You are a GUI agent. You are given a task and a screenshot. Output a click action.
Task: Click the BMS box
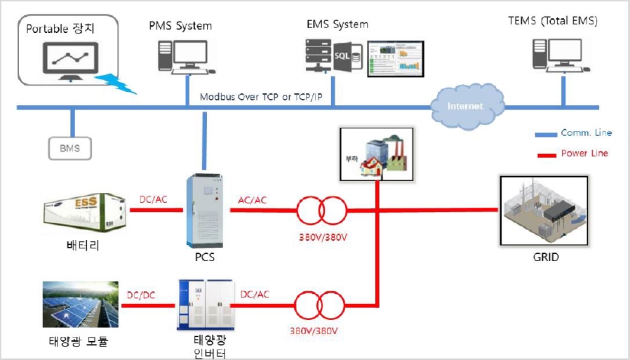tap(70, 148)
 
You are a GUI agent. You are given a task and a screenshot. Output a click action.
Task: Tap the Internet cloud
tap(465, 106)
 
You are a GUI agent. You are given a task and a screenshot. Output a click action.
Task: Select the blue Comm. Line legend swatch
tap(544, 133)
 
